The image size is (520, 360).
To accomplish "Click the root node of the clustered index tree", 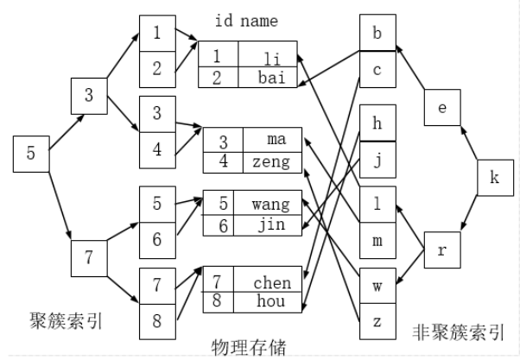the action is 30,155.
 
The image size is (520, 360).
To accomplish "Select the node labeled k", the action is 493,178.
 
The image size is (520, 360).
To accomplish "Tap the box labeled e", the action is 441,107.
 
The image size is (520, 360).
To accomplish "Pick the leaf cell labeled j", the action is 377,159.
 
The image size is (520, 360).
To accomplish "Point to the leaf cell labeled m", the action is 377,240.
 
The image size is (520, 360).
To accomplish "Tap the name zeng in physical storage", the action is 272,161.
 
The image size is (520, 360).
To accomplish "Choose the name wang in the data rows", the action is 272,205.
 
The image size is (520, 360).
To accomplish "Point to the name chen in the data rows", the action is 272,281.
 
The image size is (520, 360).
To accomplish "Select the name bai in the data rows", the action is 270,77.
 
